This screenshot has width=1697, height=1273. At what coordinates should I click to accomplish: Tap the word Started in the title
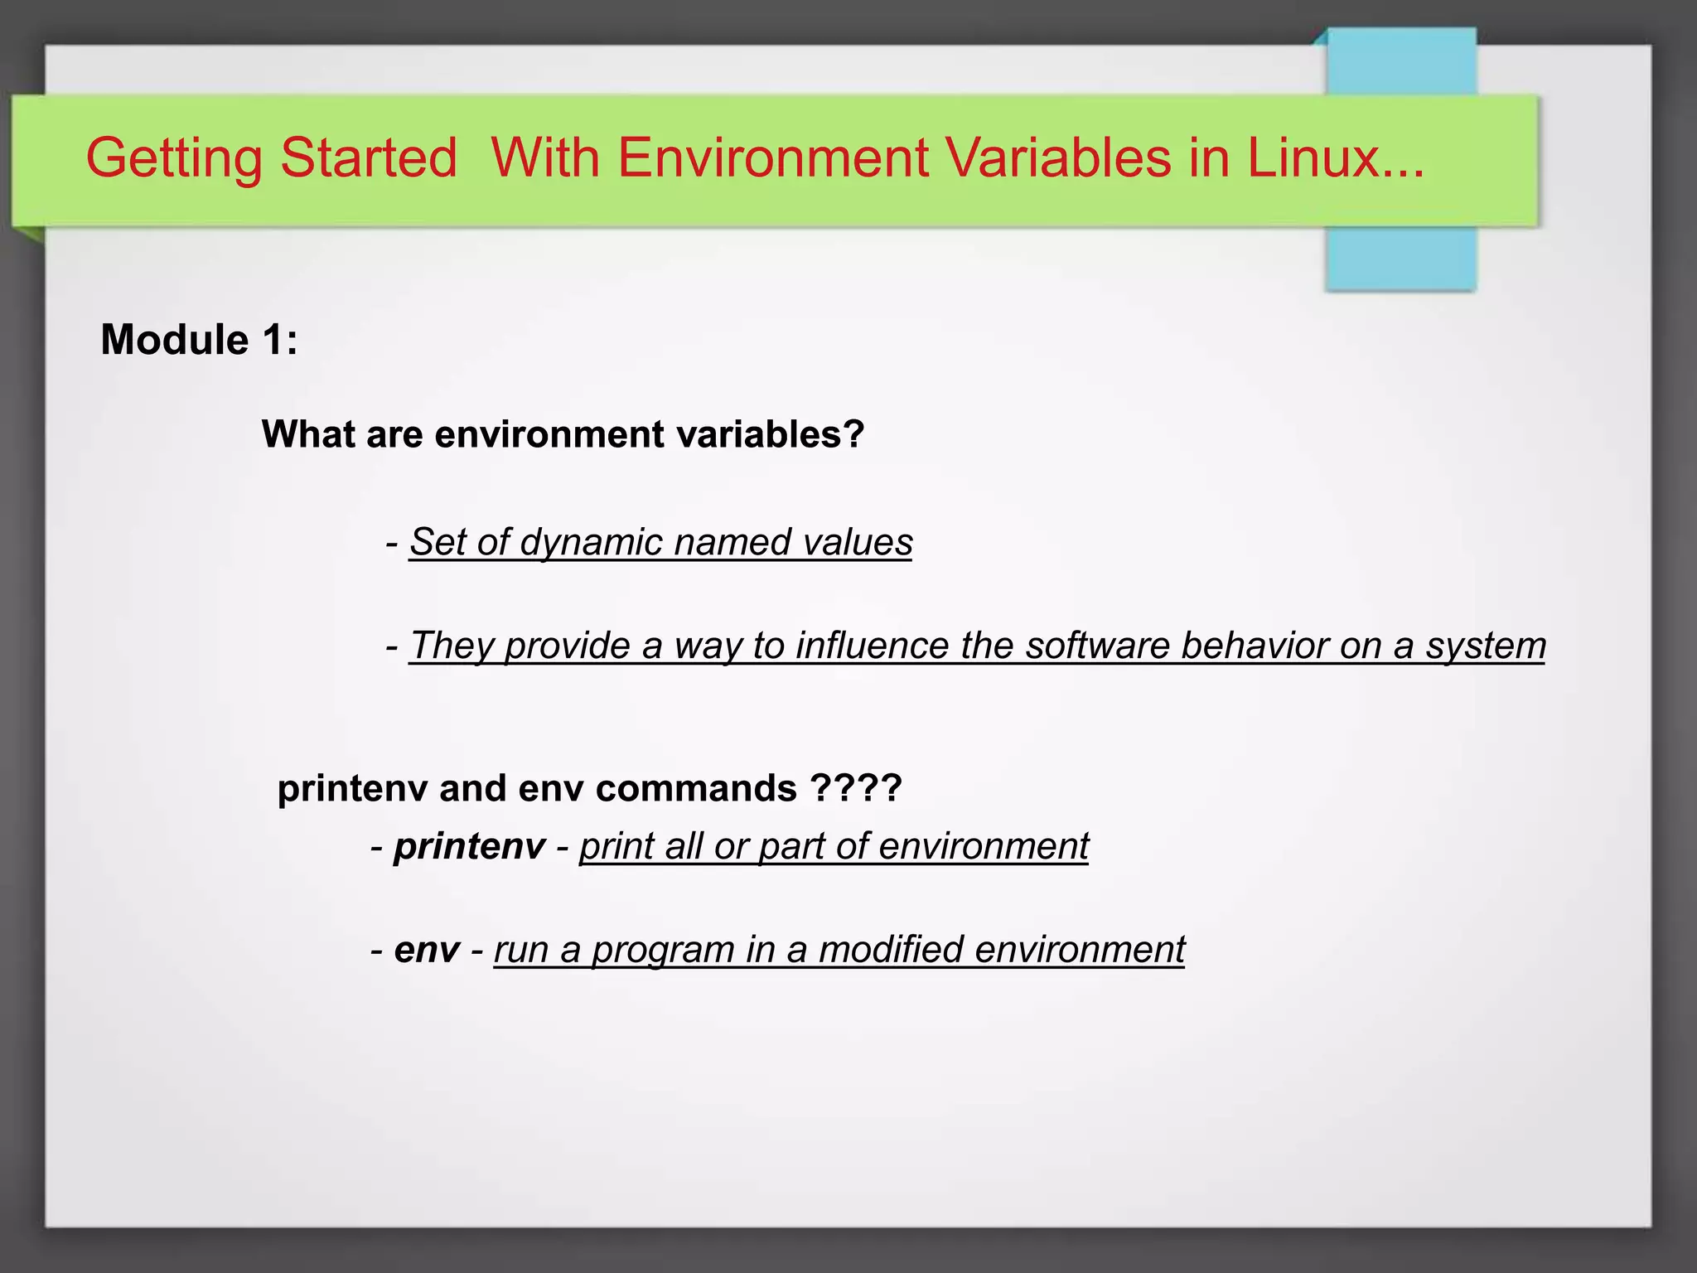pyautogui.click(x=369, y=157)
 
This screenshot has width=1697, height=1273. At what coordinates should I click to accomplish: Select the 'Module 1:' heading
pyautogui.click(x=199, y=340)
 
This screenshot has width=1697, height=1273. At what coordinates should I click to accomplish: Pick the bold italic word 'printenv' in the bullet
pyautogui.click(x=469, y=846)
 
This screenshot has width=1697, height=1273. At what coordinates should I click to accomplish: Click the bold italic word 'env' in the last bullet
pyautogui.click(x=427, y=950)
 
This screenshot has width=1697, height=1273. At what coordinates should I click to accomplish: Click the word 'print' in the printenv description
pyautogui.click(x=615, y=846)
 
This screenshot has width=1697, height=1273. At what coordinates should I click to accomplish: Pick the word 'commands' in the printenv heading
pyautogui.click(x=695, y=788)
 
